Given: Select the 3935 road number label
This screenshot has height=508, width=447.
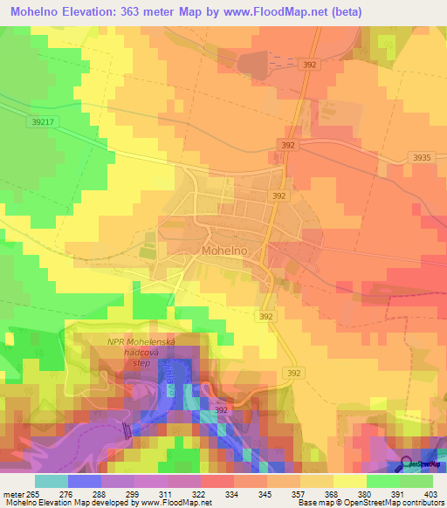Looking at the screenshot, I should [423, 157].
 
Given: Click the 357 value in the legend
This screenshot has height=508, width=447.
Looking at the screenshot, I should [299, 493].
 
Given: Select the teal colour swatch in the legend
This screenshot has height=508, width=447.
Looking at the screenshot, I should [51, 481].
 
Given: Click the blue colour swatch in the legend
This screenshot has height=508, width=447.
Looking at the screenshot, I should [84, 481].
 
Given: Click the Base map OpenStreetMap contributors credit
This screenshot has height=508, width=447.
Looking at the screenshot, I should [370, 503].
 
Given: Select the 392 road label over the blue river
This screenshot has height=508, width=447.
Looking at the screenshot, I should [222, 408].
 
